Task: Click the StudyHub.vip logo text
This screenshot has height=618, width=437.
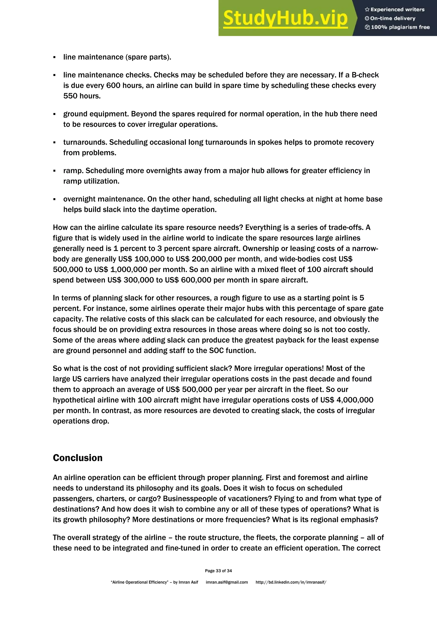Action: pyautogui.click(x=285, y=18)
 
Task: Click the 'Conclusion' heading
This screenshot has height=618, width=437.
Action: pyautogui.click(x=77, y=458)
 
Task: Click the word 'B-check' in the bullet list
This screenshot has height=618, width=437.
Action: pyautogui.click(x=365, y=75)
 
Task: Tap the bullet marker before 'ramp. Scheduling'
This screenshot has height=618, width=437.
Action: pyautogui.click(x=55, y=171)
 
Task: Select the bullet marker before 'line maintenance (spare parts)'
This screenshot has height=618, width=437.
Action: pyautogui.click(x=55, y=57)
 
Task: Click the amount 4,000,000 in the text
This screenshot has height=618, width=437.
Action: pyautogui.click(x=355, y=400)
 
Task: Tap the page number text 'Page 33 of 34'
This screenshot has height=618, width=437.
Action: pyautogui.click(x=218, y=571)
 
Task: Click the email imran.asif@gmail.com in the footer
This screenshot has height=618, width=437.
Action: pyautogui.click(x=227, y=582)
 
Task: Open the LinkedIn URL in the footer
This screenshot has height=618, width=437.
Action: pyautogui.click(x=291, y=582)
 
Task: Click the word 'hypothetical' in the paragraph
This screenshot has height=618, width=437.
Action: pyautogui.click(x=71, y=400)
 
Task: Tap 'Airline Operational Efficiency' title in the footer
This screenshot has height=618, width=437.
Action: pyautogui.click(x=140, y=582)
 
